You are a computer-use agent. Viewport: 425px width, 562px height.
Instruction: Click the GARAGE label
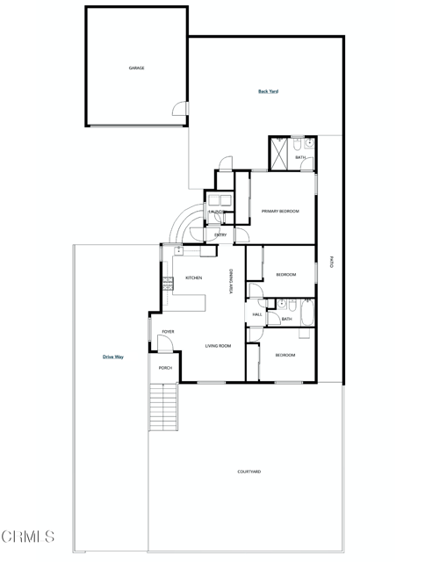point(137,68)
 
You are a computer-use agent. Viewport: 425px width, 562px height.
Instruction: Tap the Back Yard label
point(268,91)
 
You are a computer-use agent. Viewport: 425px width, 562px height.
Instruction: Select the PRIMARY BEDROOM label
point(280,212)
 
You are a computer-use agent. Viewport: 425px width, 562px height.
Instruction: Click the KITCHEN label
point(193,278)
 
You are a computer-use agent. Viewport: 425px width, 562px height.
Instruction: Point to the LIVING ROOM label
point(218,347)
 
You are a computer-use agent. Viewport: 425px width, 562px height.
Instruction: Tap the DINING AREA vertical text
point(231,281)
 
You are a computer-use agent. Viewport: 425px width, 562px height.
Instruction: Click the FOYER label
point(168,332)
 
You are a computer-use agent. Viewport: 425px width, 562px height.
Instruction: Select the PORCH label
point(165,368)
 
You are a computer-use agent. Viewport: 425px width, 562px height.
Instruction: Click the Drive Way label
point(112,357)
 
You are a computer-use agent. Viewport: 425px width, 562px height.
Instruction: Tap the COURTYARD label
point(249,472)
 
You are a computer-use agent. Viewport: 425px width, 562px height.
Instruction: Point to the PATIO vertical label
point(331,261)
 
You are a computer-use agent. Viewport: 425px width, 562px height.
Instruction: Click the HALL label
point(257,314)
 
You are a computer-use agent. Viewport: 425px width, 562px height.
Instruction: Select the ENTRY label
point(220,234)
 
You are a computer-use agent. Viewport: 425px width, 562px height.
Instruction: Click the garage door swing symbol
point(181,109)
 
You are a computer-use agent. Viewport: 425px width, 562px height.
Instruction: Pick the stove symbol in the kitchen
point(167,284)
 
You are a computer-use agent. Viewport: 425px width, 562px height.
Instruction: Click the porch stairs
point(164,407)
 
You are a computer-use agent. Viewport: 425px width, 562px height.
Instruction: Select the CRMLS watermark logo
point(28,536)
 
